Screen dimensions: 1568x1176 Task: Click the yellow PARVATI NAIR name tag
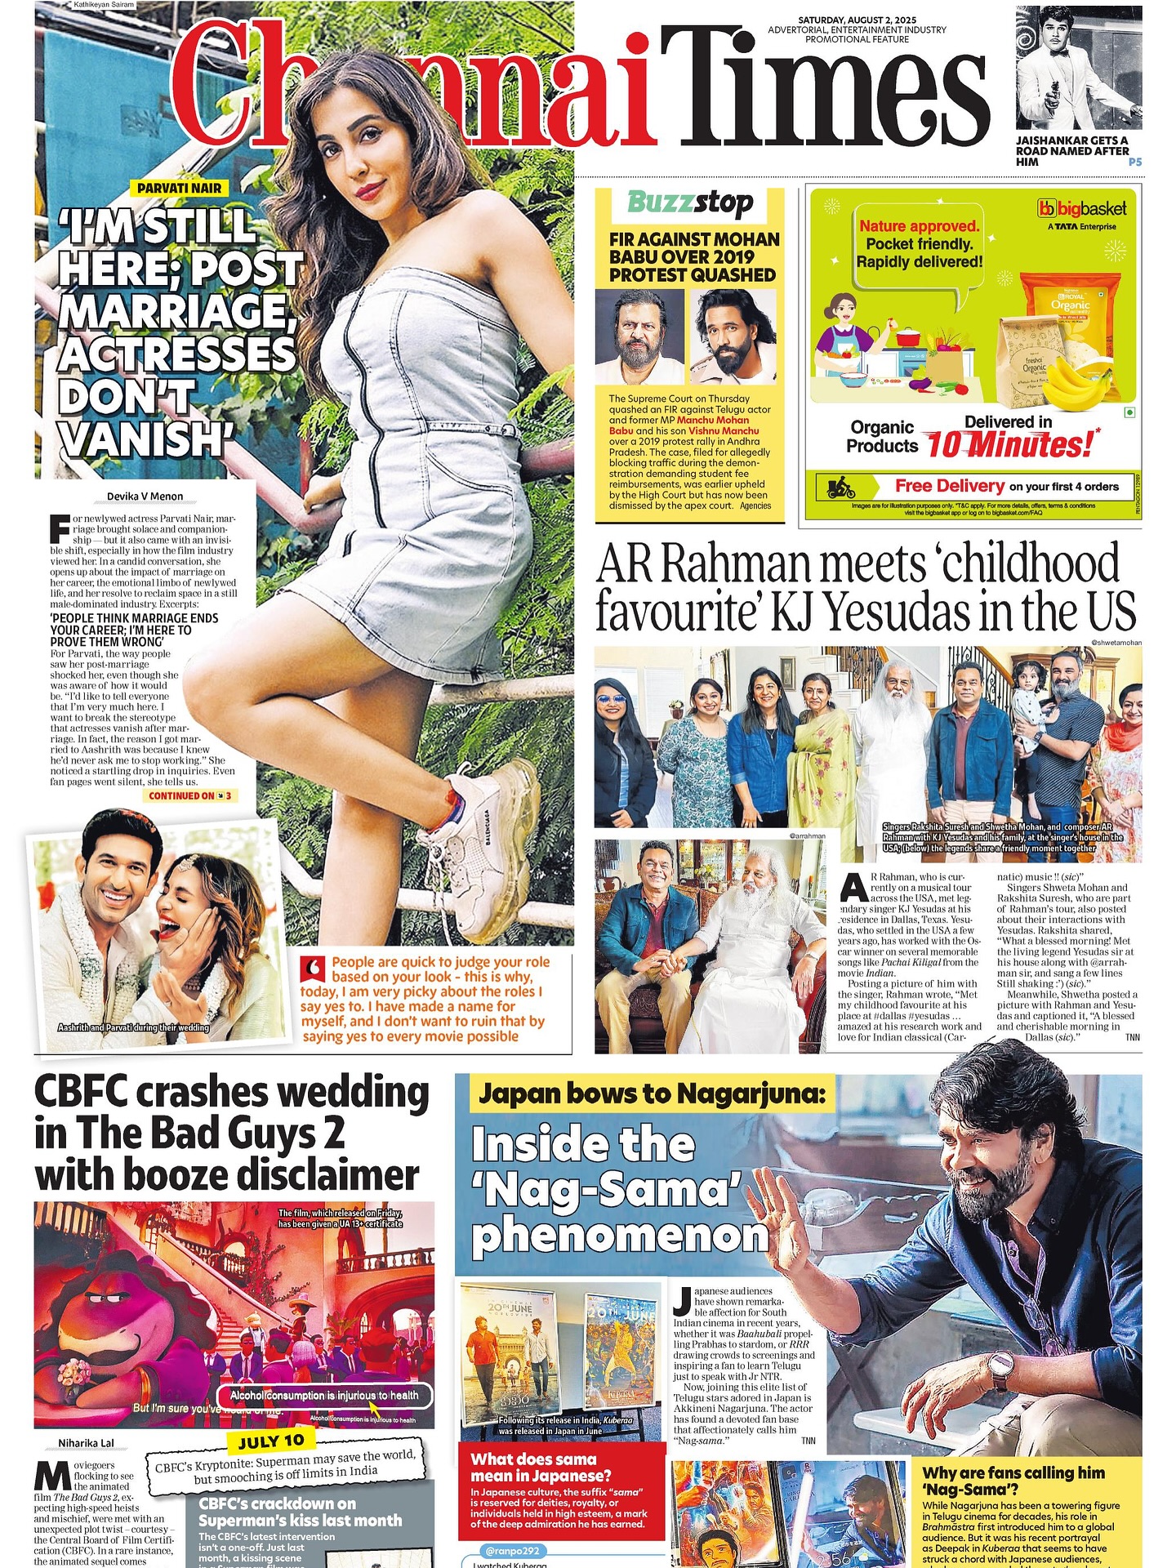click(x=179, y=188)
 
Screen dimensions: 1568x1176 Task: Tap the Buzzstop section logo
click(x=690, y=203)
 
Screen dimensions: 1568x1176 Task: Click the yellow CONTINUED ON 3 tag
click(x=191, y=795)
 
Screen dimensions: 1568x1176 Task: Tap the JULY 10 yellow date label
click(x=271, y=1441)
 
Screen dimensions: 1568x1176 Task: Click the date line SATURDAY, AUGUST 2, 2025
click(x=857, y=20)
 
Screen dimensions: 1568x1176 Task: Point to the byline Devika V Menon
click(x=145, y=497)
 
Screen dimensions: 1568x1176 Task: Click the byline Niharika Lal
click(x=86, y=1444)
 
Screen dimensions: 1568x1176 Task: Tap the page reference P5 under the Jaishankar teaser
click(x=1134, y=162)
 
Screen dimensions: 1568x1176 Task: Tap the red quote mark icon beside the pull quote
click(x=313, y=969)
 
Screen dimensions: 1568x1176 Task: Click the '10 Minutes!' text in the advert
click(x=1009, y=446)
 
